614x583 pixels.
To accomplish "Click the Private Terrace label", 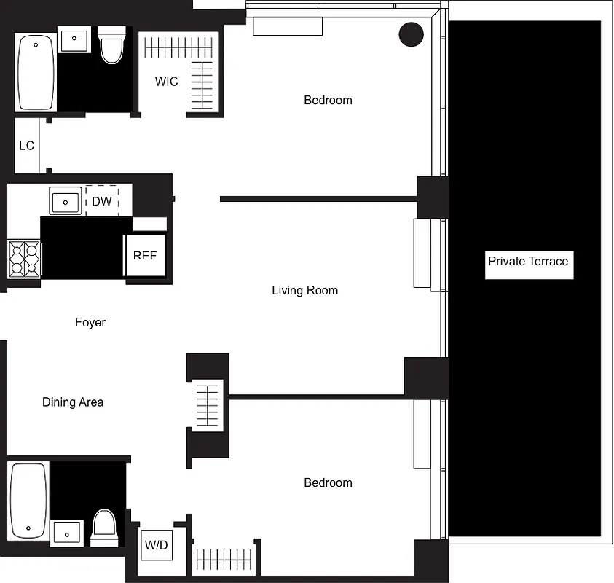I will (x=528, y=262).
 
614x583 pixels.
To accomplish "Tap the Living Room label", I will (x=304, y=291).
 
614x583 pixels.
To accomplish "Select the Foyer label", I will (x=90, y=322).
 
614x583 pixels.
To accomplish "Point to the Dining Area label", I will (x=73, y=402).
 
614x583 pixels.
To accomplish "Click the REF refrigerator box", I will (x=145, y=256).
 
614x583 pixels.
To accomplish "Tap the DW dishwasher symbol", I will (x=102, y=201).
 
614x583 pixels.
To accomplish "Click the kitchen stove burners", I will (x=23, y=259).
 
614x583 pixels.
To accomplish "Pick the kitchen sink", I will (x=66, y=200).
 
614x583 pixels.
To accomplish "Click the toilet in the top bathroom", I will (x=111, y=47).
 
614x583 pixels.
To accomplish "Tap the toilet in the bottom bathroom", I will (x=103, y=528).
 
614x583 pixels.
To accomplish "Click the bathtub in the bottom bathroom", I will (x=28, y=500).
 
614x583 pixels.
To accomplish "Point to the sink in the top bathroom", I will (x=74, y=39).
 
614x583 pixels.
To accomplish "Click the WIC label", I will (x=166, y=82).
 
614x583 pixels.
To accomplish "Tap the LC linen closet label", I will (x=26, y=146).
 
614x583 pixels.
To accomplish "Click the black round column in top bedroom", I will (x=412, y=34).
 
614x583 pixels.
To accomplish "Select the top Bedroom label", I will (x=328, y=101).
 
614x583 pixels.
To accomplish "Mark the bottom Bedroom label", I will (x=328, y=483).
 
